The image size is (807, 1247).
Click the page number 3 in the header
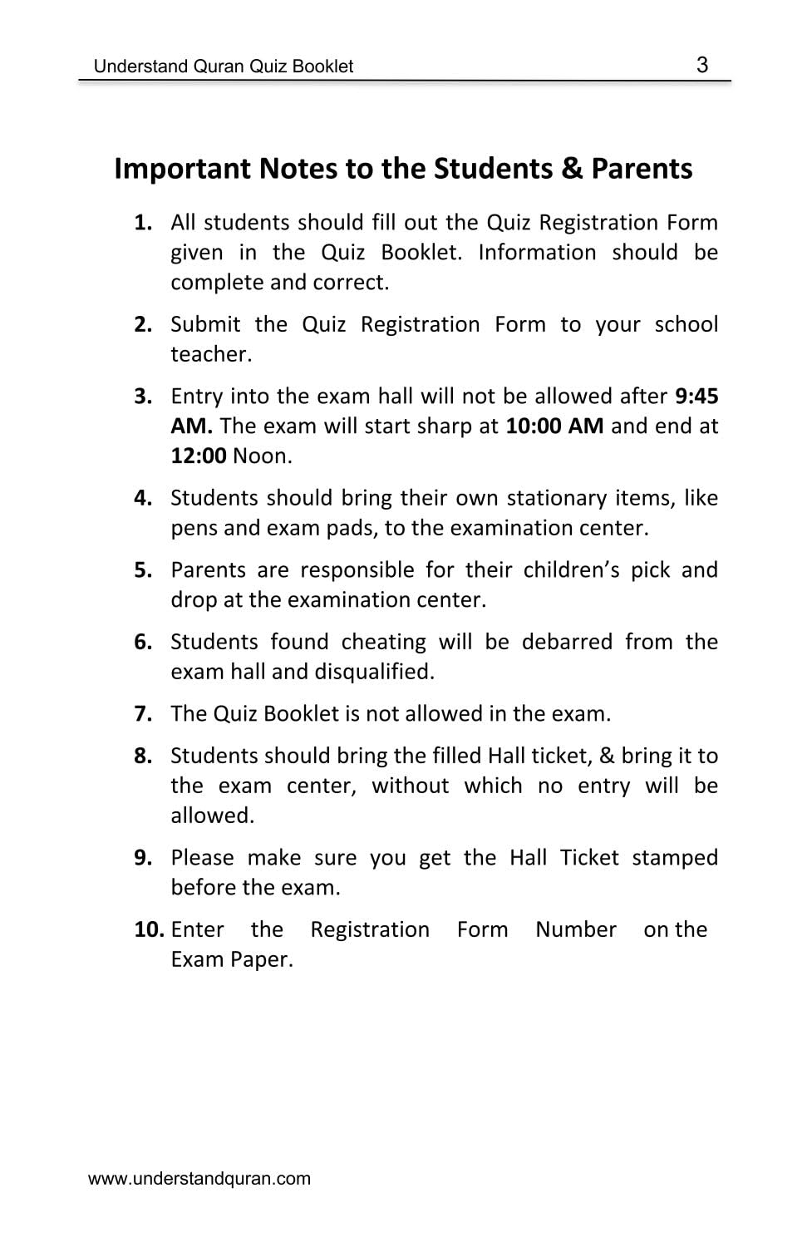pyautogui.click(x=702, y=65)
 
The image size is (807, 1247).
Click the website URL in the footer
pyautogui.click(x=199, y=1178)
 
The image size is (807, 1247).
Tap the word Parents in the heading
pyautogui.click(x=642, y=169)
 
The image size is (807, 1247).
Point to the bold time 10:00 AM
pyautogui.click(x=554, y=426)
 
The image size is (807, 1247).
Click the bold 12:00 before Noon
pyautogui.click(x=199, y=456)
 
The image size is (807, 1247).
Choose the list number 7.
pyautogui.click(x=143, y=714)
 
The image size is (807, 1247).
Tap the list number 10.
pyautogui.click(x=149, y=929)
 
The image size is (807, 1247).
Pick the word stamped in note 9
pyautogui.click(x=675, y=857)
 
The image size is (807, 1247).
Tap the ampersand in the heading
pyautogui.click(x=572, y=169)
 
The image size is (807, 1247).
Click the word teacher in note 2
pyautogui.click(x=210, y=354)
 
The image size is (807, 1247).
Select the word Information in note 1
pyautogui.click(x=537, y=253)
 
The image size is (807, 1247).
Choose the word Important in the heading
pyautogui.click(x=182, y=169)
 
